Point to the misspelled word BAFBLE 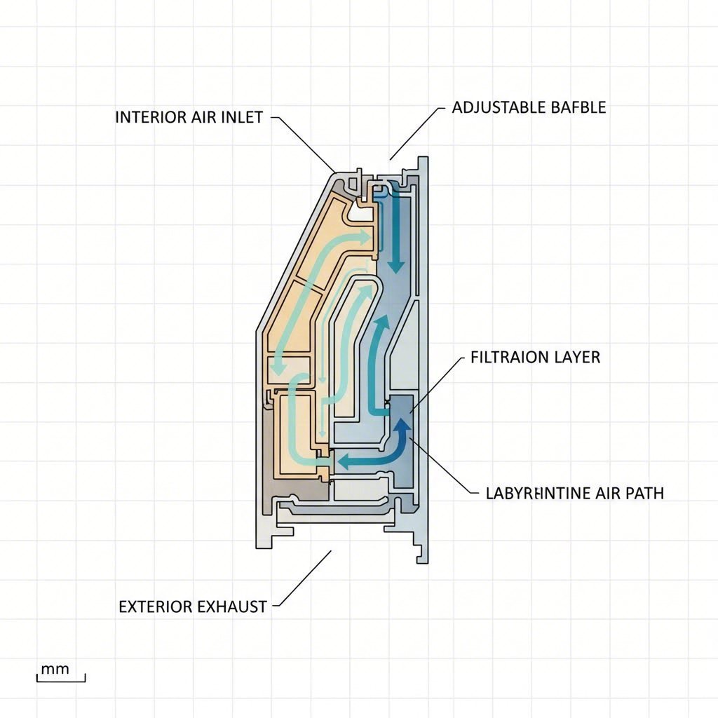578,107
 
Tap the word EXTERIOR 155,607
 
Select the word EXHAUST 233,607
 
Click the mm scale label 55,668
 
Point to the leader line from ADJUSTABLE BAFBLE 416,134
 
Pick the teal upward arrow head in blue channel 381,324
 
